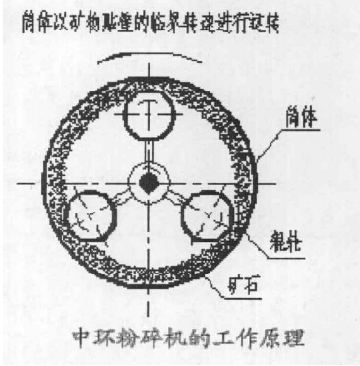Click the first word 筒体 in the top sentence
point(30,18)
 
